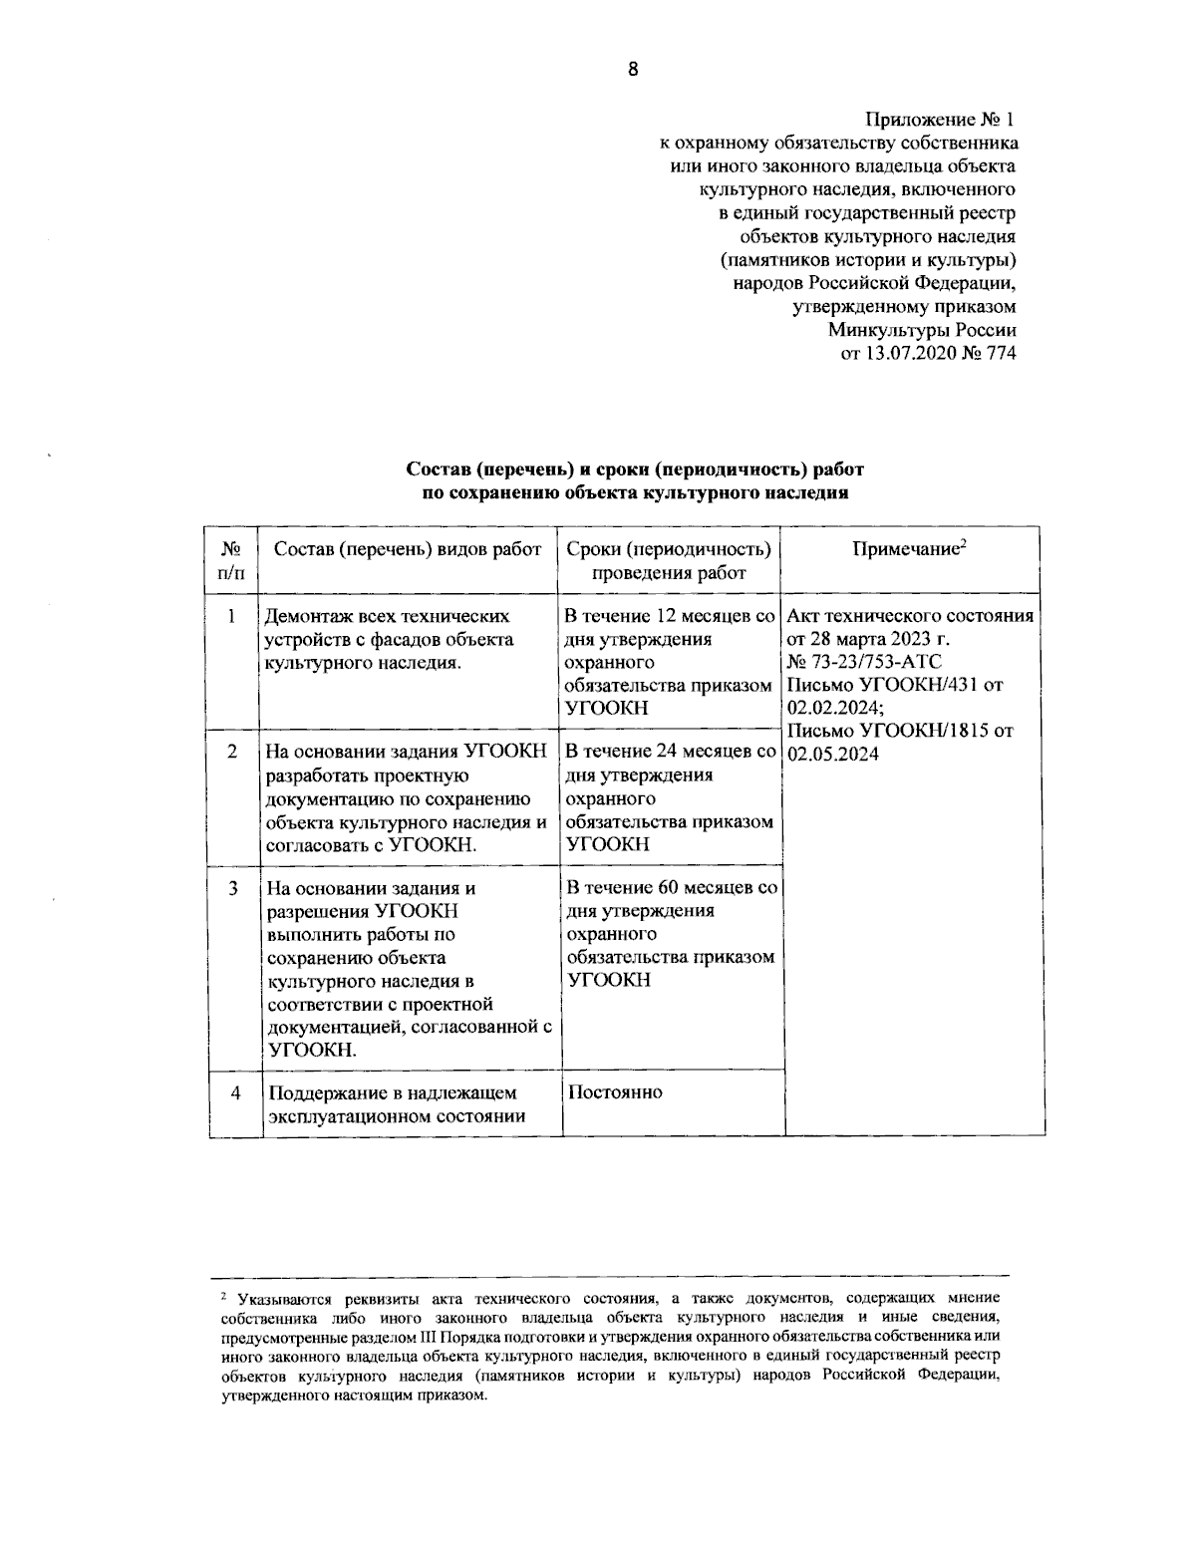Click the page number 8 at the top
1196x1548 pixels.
[x=632, y=69]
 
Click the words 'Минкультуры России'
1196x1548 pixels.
[x=922, y=330]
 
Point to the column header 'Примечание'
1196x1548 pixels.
[x=910, y=549]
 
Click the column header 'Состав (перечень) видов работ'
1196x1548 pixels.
[x=408, y=549]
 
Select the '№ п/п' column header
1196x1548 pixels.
[x=231, y=560]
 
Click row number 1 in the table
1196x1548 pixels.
[x=231, y=617]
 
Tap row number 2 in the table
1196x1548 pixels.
[x=231, y=752]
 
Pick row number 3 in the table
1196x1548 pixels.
[x=231, y=887]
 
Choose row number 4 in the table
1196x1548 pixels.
[x=234, y=1092]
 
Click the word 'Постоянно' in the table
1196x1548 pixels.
[x=615, y=1091]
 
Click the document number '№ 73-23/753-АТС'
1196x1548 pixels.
[x=864, y=662]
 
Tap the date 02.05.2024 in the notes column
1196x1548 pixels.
[x=833, y=754]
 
